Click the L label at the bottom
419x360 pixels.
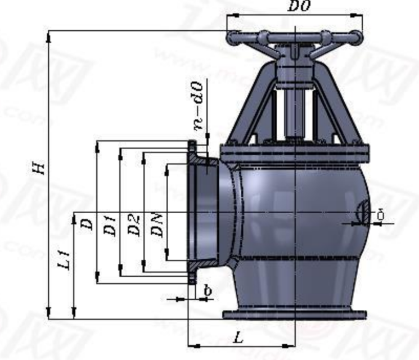238,337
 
